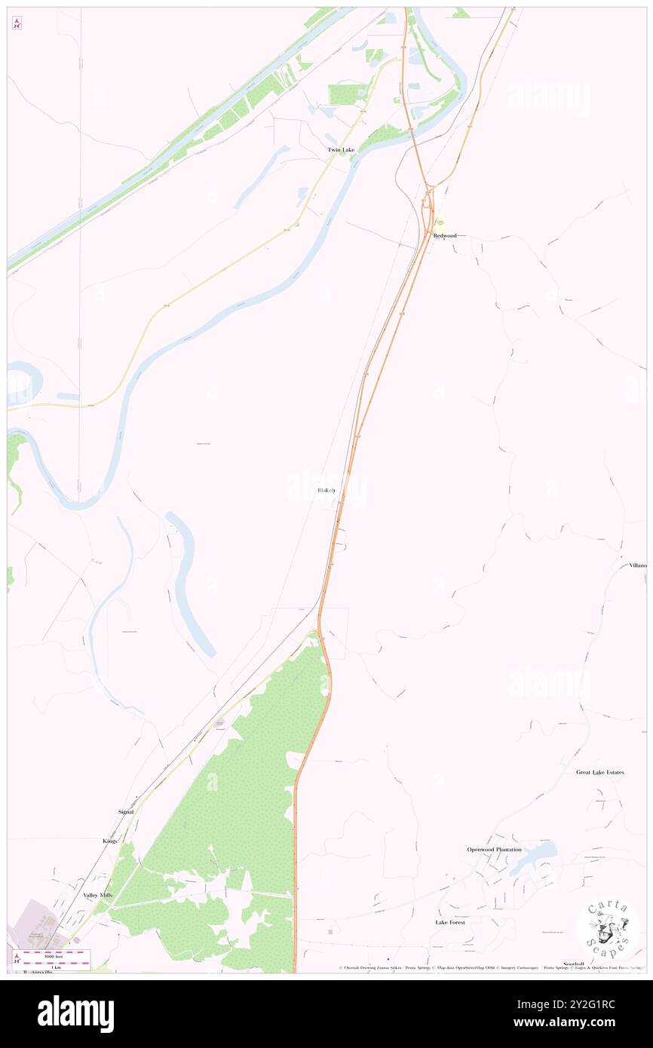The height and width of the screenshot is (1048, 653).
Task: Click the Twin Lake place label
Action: coord(340,150)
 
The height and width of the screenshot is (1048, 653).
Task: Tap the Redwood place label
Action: coord(445,235)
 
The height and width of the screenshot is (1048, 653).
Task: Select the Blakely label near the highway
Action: coord(326,490)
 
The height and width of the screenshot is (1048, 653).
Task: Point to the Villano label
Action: coord(637,565)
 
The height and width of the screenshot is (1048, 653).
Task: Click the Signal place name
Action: coord(126,811)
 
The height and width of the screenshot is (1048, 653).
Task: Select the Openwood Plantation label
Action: coord(494,850)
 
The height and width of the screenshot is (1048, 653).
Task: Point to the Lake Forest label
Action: coord(450,922)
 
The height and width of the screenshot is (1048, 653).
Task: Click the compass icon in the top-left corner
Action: coord(17,23)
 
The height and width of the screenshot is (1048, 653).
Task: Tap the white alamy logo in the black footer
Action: coord(75,1013)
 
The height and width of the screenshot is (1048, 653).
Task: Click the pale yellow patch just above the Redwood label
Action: coord(439,225)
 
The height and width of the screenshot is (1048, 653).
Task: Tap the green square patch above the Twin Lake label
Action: coord(347,94)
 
